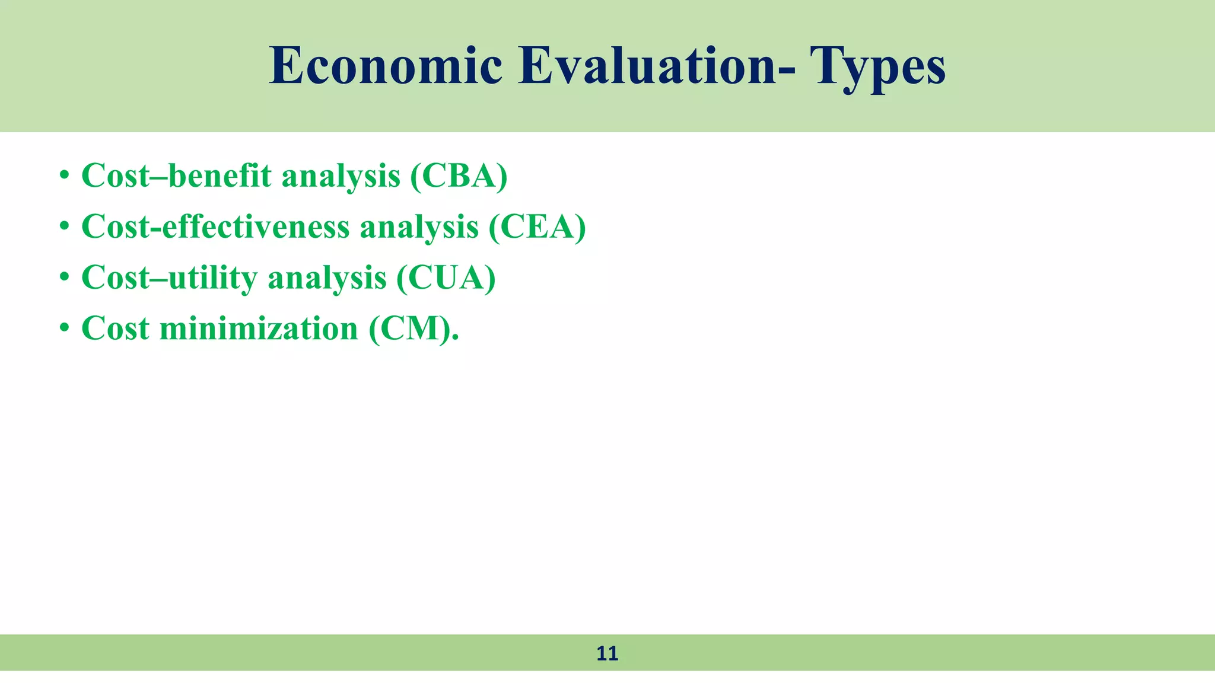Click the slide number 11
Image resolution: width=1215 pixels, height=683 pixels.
[x=607, y=653]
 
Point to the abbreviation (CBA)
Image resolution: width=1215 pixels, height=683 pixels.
[x=459, y=176]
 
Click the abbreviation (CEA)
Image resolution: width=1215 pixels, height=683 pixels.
[x=537, y=227]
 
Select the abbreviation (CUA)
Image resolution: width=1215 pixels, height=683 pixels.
[x=446, y=278]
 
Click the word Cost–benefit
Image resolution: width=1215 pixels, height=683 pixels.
[x=176, y=176]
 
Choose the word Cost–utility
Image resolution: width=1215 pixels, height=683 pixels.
[x=169, y=278]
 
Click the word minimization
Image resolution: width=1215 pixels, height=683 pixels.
[x=259, y=329]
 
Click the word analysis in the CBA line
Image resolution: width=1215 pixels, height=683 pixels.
[x=341, y=177]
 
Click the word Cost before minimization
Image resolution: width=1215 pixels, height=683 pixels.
[x=115, y=329]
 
